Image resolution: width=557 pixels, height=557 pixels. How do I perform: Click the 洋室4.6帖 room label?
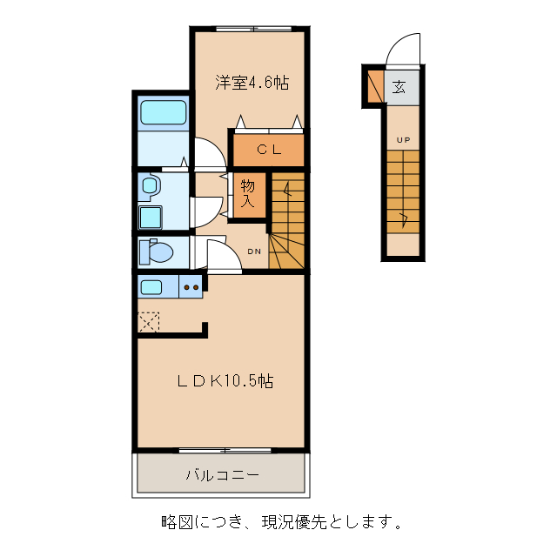(x=252, y=83)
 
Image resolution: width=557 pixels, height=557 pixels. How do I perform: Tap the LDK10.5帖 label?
(x=225, y=381)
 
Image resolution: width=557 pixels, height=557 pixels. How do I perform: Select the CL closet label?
(x=268, y=149)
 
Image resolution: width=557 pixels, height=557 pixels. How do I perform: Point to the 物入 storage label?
(x=248, y=193)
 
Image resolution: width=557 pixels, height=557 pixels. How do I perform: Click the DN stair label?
(x=254, y=252)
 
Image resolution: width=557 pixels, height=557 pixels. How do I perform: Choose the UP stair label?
(x=403, y=140)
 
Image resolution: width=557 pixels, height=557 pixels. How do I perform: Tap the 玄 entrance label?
(x=399, y=87)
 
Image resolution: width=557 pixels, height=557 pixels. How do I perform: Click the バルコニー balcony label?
(x=221, y=475)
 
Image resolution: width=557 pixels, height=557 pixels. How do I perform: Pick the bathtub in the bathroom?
(x=164, y=113)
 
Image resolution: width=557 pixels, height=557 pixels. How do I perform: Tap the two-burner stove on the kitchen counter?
(x=191, y=286)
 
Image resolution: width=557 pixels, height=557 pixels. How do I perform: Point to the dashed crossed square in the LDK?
(x=149, y=321)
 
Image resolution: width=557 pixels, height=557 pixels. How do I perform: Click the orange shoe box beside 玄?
(x=374, y=86)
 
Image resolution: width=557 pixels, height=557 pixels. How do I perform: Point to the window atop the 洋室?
(x=252, y=29)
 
